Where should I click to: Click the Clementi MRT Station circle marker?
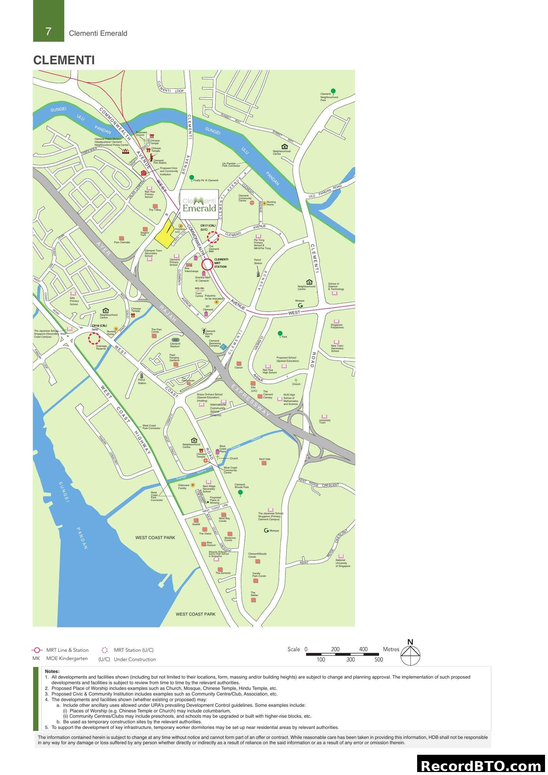point(207,264)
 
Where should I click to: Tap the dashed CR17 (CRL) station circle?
point(213,237)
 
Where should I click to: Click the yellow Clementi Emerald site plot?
point(166,233)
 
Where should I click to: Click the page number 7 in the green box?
point(48,31)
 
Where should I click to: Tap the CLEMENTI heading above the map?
point(64,60)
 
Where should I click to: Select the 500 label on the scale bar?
point(379,660)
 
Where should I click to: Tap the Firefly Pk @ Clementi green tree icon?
point(192,178)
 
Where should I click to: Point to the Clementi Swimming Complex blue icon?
point(223,346)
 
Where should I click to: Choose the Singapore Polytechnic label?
point(337,326)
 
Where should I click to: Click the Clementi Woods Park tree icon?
point(240,493)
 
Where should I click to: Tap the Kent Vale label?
point(264,459)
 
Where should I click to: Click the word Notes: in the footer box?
point(52,671)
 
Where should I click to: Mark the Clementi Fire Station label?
point(160,162)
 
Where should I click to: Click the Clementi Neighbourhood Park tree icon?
point(333,91)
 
